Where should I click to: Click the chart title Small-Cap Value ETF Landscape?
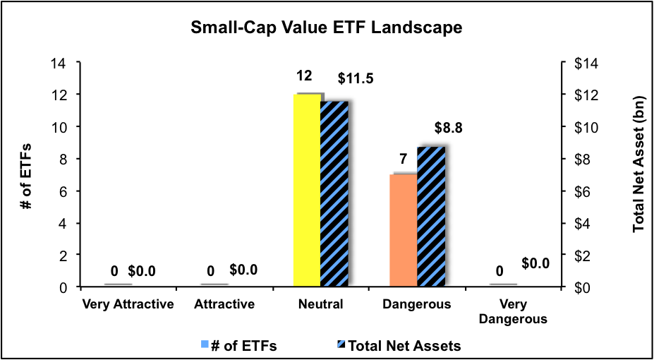click(x=327, y=28)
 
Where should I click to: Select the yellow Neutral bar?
click(x=306, y=191)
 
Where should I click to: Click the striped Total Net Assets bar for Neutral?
click(x=334, y=194)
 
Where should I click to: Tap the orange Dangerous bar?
click(x=403, y=230)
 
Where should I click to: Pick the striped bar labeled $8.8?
click(x=430, y=217)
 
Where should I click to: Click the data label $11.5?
click(x=355, y=78)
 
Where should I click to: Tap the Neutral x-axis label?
click(x=320, y=305)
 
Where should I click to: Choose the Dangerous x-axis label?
click(x=417, y=305)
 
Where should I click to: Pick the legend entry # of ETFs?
click(x=240, y=345)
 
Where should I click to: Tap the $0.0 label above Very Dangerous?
click(x=536, y=263)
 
